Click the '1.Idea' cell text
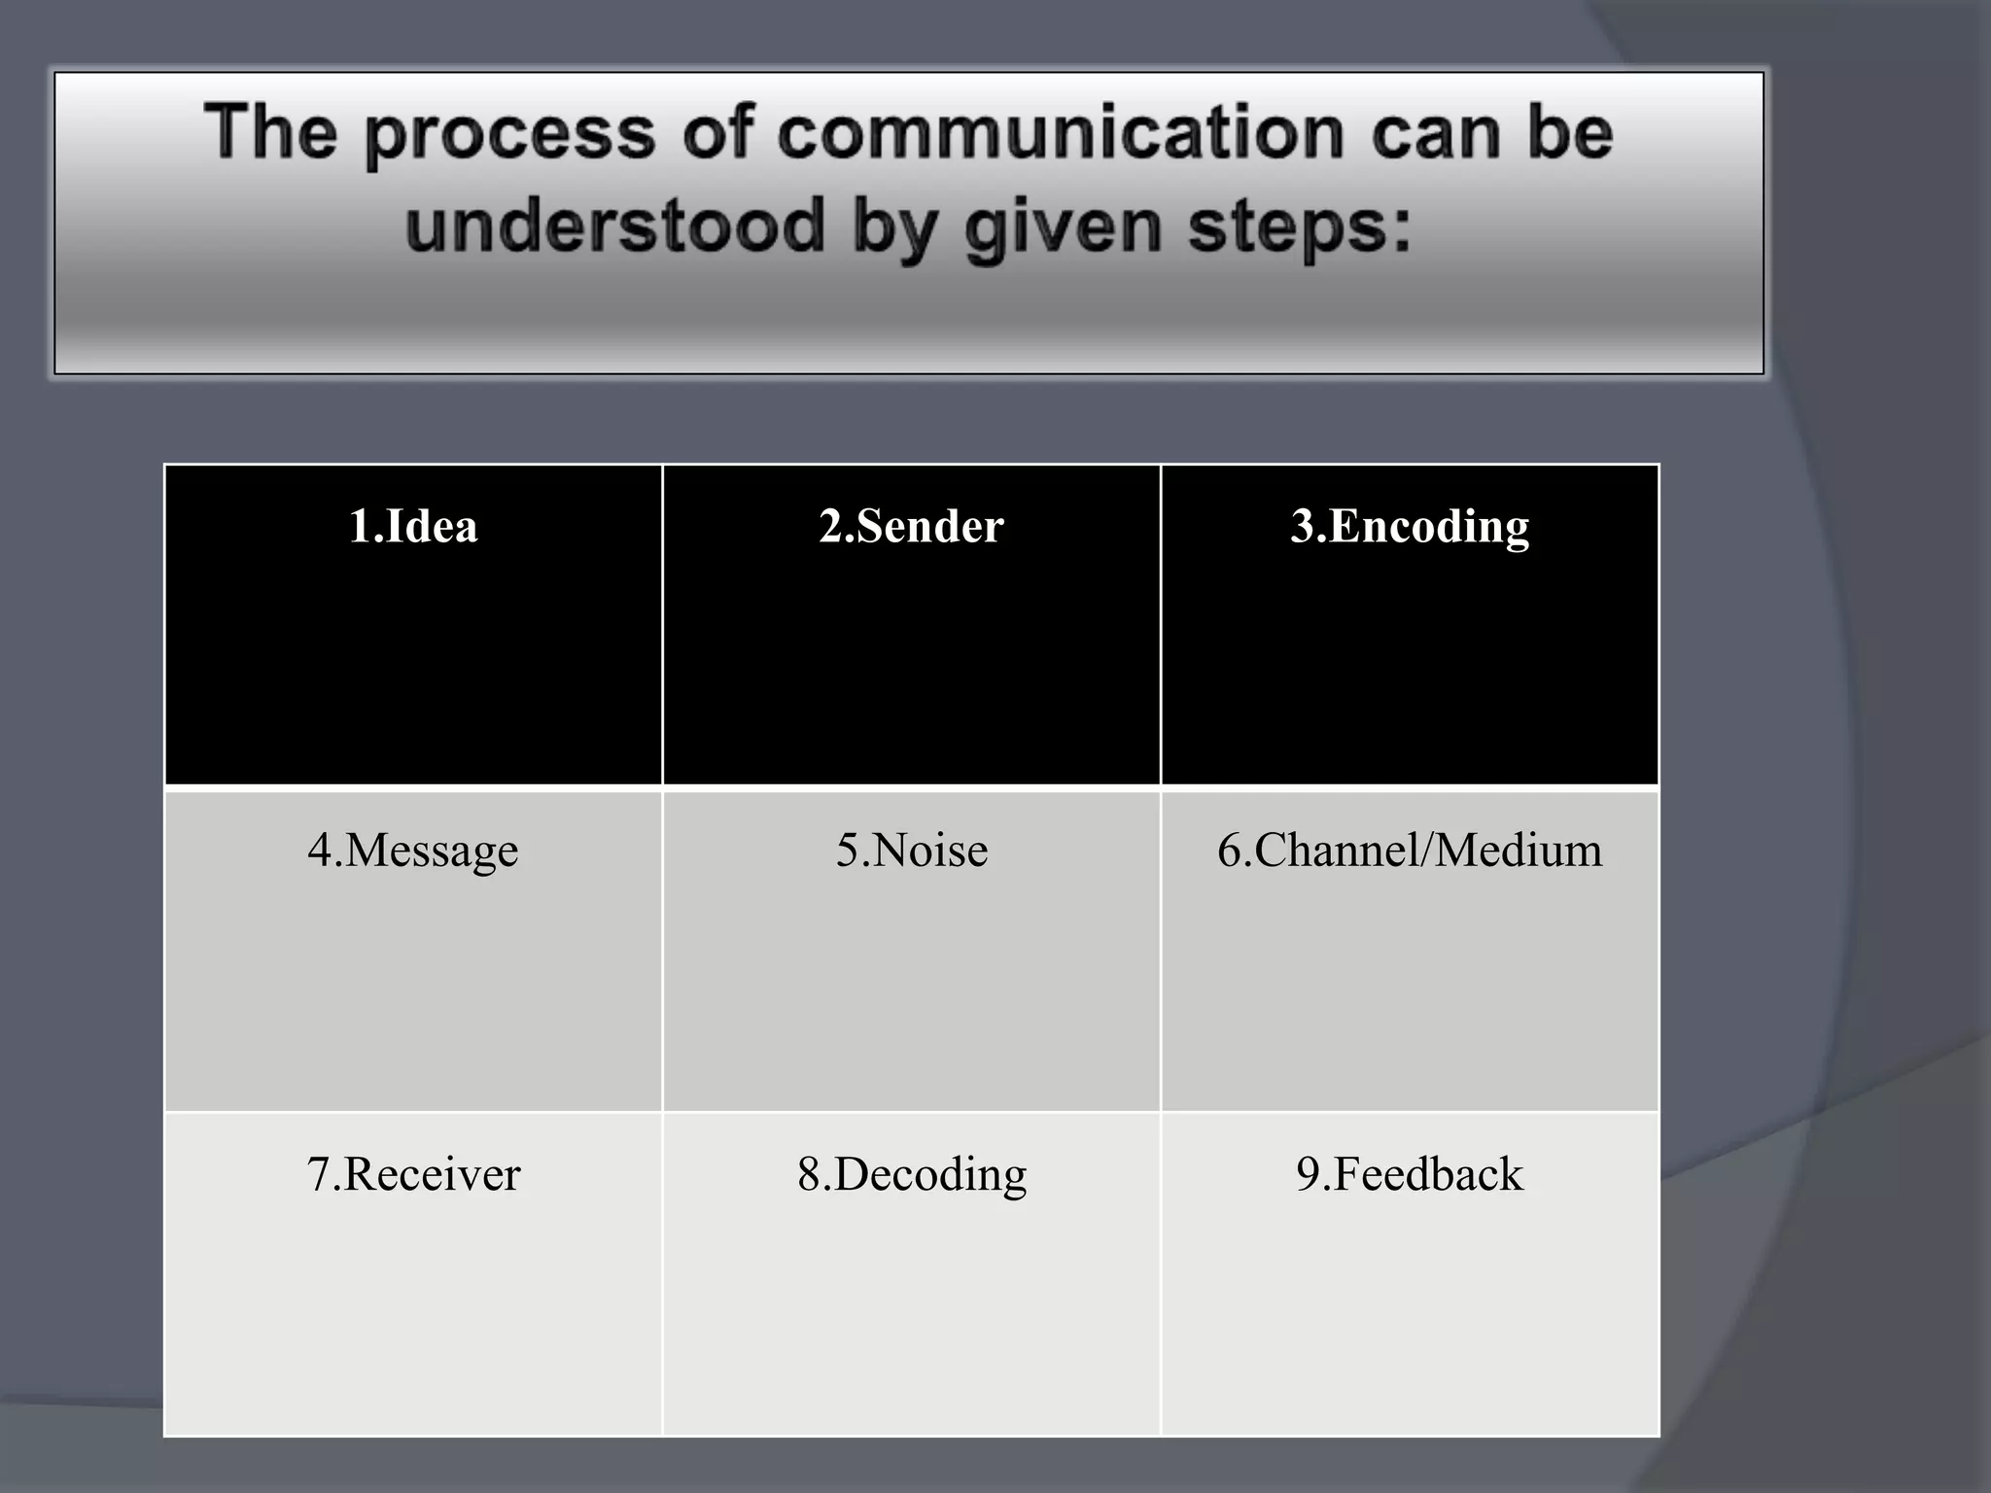(413, 526)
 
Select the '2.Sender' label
(911, 526)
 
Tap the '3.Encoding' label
(1410, 526)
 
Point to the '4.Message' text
(413, 850)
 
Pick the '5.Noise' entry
(911, 850)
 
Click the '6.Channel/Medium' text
(1410, 850)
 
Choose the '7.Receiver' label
(413, 1173)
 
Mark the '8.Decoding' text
(911, 1173)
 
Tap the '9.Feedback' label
(1410, 1173)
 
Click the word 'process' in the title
(510, 134)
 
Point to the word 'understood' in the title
(614, 226)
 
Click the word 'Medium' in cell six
(1518, 850)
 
